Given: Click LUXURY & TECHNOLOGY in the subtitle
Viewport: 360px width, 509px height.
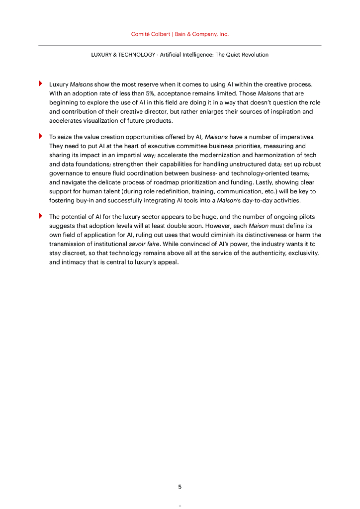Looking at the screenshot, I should tap(123, 55).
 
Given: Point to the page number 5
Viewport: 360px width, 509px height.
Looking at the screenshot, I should tap(180, 487).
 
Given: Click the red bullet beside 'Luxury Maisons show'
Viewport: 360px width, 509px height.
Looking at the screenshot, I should tap(41, 84).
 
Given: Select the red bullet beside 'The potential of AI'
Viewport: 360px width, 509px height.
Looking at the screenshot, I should tap(41, 217).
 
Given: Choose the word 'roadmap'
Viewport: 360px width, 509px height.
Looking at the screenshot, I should tap(176, 182).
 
